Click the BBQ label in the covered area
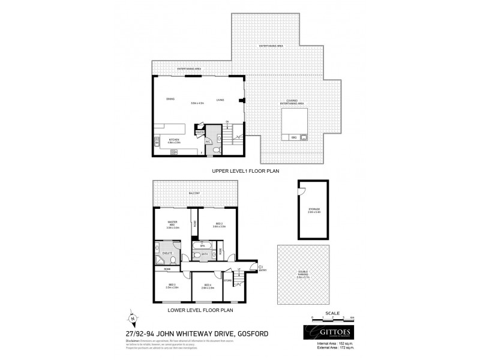(x=294, y=137)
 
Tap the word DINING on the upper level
(x=170, y=100)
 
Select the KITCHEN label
(x=175, y=140)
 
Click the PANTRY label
(x=200, y=131)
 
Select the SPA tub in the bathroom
(x=202, y=245)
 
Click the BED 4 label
(x=208, y=286)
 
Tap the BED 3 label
(x=172, y=286)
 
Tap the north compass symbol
(x=134, y=319)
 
